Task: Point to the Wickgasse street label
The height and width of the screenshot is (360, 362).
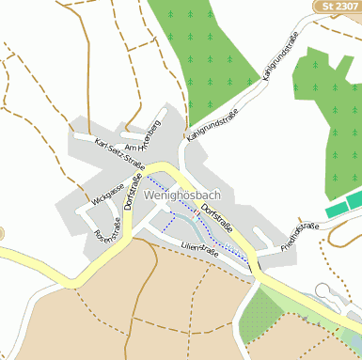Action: [107, 196]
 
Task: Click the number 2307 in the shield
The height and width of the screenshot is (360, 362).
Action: [346, 7]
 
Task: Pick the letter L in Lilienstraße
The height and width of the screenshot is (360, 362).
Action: [183, 245]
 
